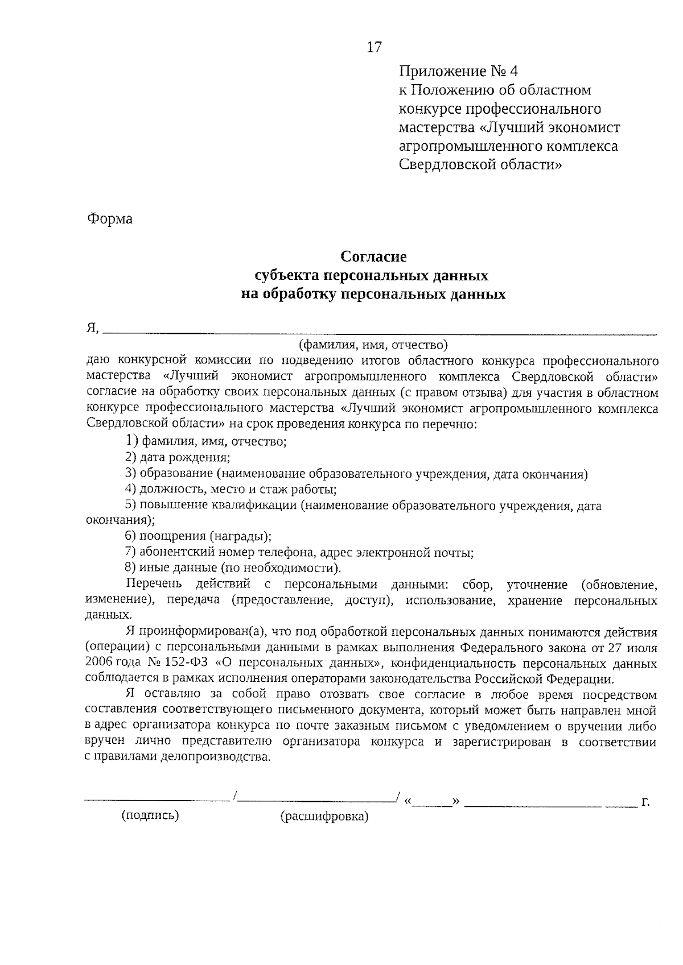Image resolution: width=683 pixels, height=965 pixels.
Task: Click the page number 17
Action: (x=373, y=47)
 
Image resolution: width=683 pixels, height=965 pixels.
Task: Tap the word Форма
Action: (x=110, y=219)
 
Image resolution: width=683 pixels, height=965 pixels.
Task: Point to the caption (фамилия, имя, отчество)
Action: (x=373, y=345)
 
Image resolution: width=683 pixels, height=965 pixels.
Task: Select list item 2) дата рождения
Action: (x=178, y=457)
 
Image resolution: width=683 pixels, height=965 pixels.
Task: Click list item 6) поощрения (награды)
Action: (x=198, y=536)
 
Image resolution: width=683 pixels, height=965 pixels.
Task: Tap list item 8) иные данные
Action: (x=232, y=568)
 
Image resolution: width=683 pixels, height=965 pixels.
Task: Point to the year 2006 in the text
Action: (x=98, y=664)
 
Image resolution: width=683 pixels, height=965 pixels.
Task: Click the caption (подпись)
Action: (x=150, y=816)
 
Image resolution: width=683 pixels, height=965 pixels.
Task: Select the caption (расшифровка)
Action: (x=324, y=817)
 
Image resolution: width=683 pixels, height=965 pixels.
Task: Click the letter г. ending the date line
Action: (x=645, y=802)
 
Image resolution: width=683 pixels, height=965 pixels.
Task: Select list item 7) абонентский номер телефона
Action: (x=299, y=552)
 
